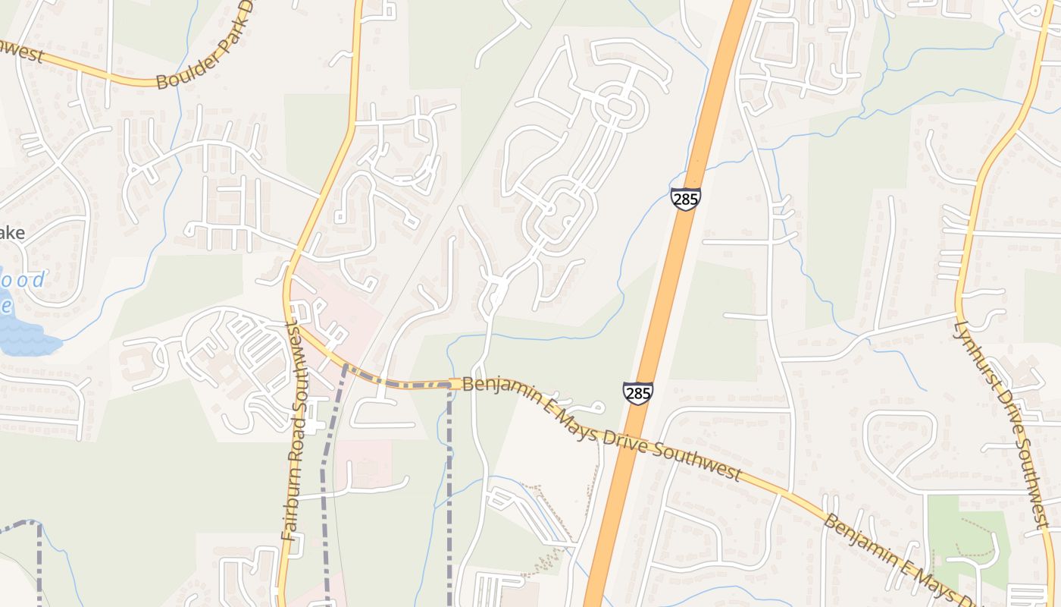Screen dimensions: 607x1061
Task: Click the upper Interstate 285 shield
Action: click(x=685, y=200)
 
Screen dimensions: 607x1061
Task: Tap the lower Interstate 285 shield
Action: click(x=638, y=393)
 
